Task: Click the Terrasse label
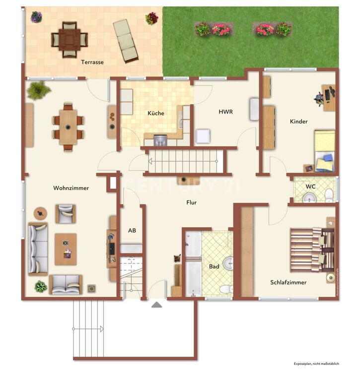point(92,62)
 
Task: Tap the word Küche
point(156,113)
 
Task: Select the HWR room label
point(225,112)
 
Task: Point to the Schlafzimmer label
point(288,282)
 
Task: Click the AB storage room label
point(132,230)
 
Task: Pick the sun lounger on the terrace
point(126,42)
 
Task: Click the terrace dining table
point(70,39)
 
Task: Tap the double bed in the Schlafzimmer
point(312,250)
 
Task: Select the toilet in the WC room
point(329,195)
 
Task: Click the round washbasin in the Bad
point(228,264)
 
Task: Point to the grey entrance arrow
point(157,305)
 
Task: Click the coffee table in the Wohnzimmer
point(66,249)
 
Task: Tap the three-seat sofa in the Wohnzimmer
point(38,249)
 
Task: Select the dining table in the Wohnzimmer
point(68,127)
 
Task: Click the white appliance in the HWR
point(203,136)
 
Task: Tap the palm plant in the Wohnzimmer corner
point(38,90)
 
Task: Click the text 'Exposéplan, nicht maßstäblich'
point(316,364)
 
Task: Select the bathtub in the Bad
point(193,264)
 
